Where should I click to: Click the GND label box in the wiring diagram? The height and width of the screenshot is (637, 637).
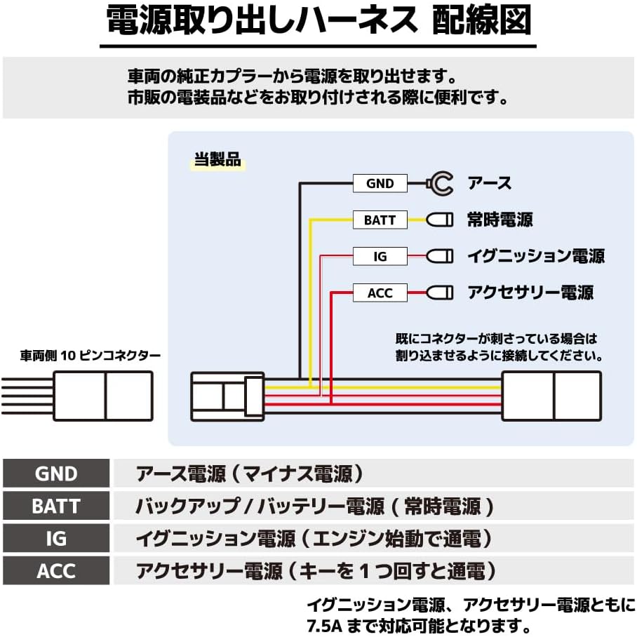(380, 184)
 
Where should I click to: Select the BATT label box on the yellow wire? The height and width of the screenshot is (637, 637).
(380, 220)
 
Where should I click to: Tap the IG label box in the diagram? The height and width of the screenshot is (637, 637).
(380, 257)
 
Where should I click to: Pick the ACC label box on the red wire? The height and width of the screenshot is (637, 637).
(380, 293)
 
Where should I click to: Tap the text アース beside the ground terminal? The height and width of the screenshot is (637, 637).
(489, 184)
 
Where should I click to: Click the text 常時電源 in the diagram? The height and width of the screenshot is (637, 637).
(499, 220)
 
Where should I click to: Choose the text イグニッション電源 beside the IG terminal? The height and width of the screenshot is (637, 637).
(535, 257)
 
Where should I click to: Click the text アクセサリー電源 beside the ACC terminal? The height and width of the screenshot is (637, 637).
(530, 293)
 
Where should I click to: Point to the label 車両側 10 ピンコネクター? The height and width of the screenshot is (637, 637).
(90, 356)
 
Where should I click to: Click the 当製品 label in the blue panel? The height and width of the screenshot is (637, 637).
(217, 160)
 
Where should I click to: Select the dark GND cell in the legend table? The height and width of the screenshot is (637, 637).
(56, 474)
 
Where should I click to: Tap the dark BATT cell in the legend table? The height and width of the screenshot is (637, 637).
(56, 507)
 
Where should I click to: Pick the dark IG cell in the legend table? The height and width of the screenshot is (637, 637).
(56, 539)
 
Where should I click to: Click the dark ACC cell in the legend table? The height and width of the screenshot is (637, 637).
(56, 571)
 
